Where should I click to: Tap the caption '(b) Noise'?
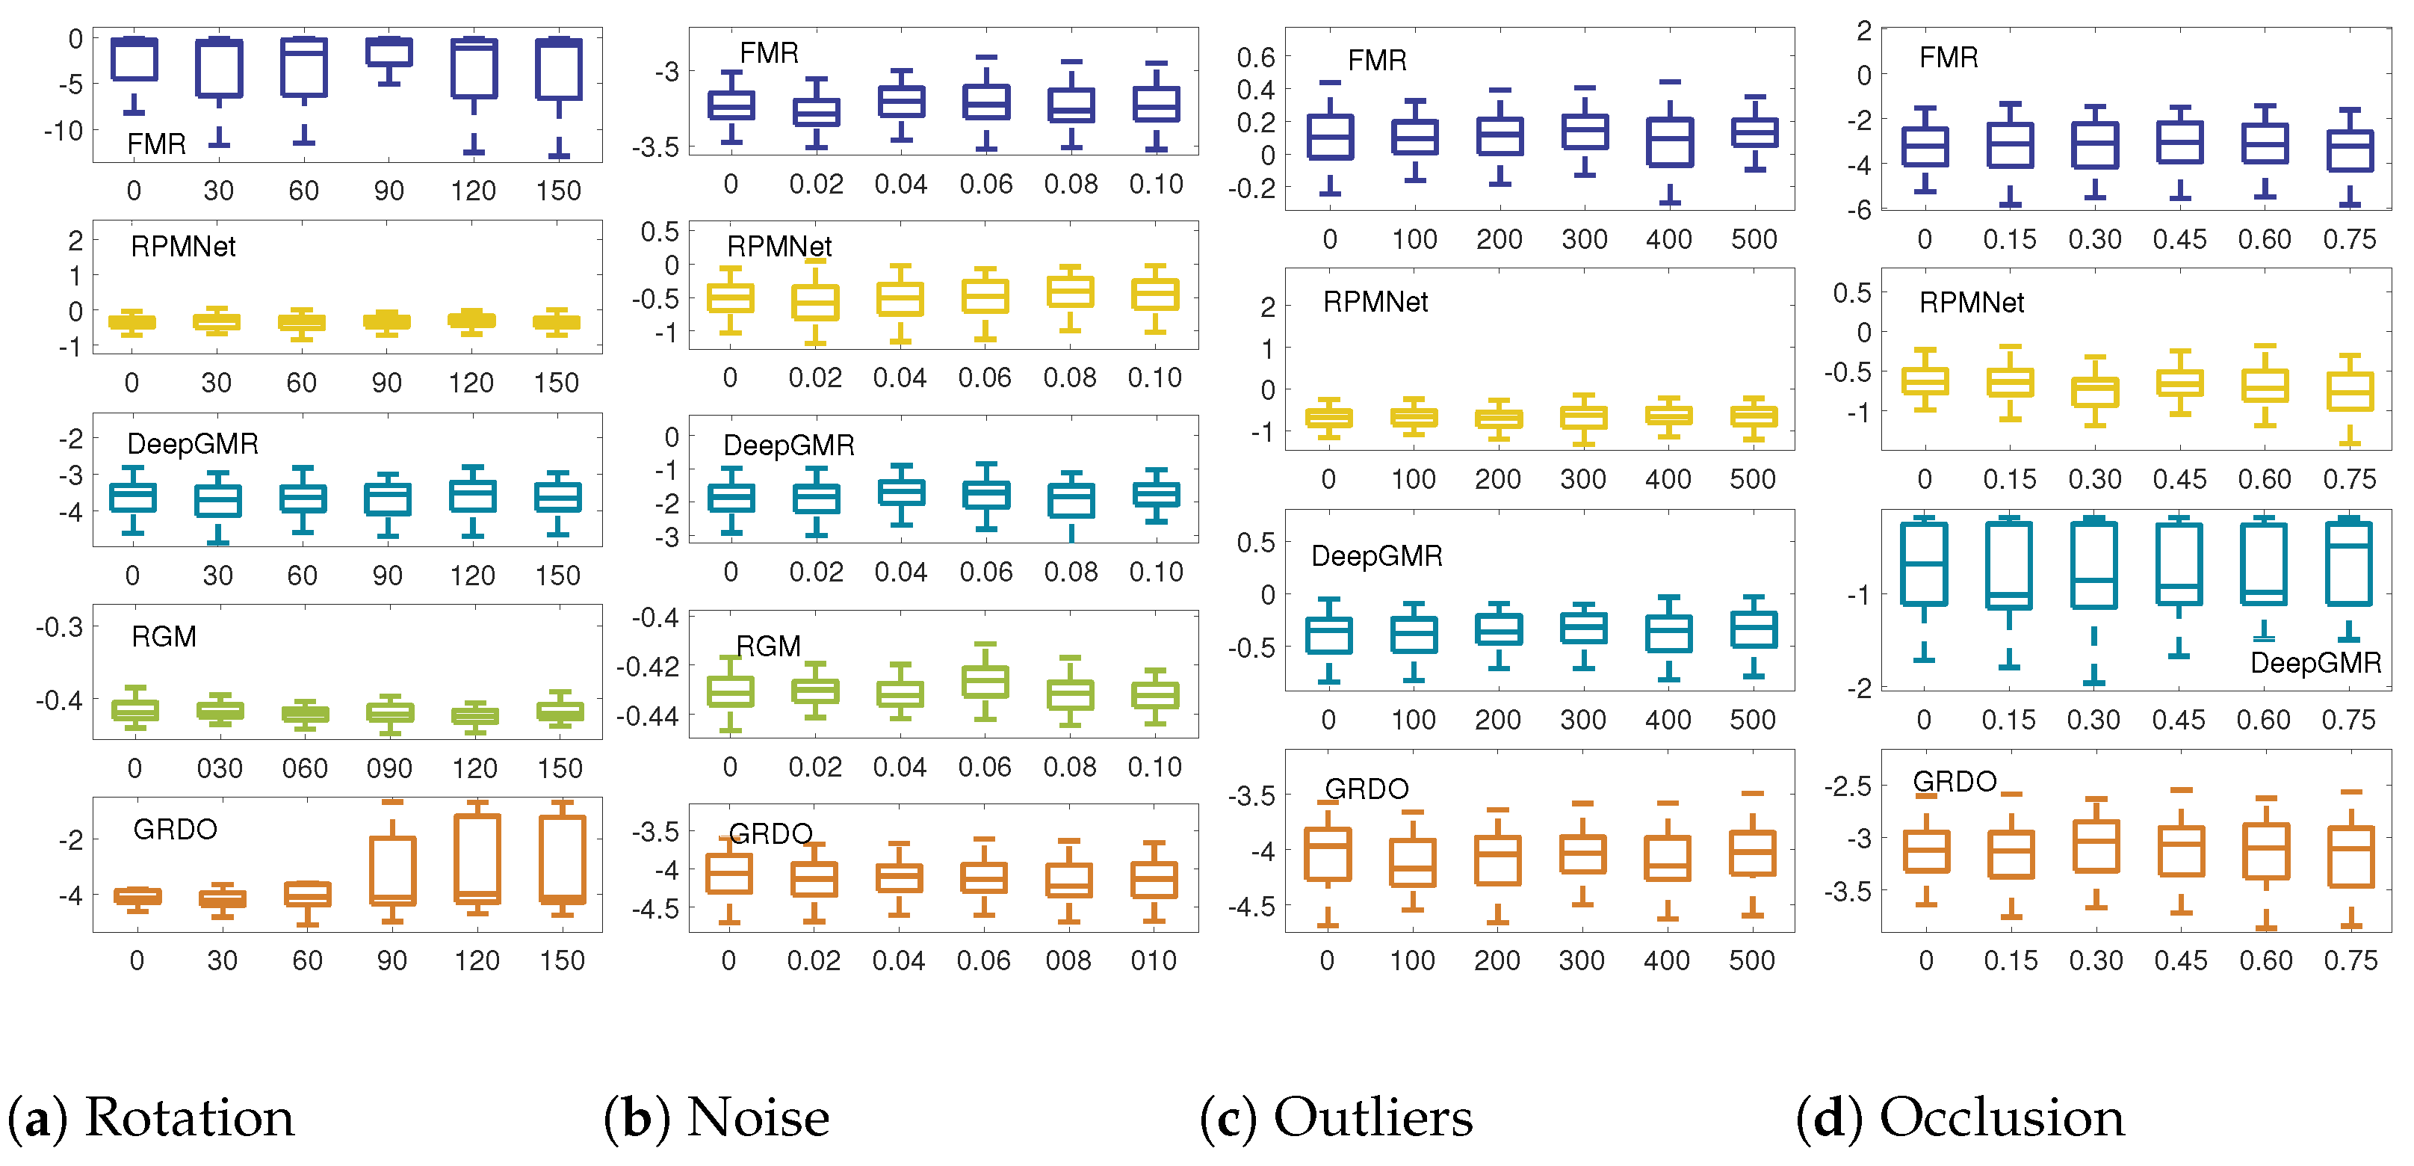click(717, 1117)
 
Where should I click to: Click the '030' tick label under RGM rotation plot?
click(219, 768)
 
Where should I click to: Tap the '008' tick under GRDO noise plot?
click(1068, 960)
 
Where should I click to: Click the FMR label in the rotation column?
click(156, 144)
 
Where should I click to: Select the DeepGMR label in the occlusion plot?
click(2315, 664)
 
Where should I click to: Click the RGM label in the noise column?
click(769, 647)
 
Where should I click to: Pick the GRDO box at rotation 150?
click(563, 859)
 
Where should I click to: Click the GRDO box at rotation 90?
click(393, 870)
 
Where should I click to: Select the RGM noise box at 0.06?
click(985, 682)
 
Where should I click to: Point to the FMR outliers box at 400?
click(1670, 141)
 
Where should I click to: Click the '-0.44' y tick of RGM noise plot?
click(646, 717)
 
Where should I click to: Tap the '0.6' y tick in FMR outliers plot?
click(1256, 58)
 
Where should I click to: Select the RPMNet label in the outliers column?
click(1375, 302)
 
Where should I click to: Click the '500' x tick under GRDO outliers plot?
click(1751, 960)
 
